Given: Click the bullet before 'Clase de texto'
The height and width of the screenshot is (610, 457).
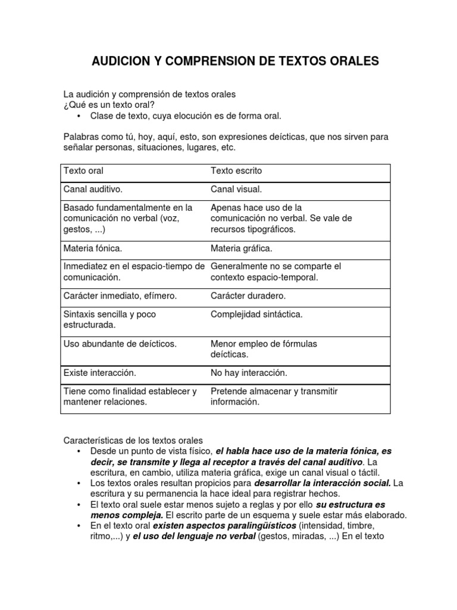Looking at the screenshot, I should coord(79,116).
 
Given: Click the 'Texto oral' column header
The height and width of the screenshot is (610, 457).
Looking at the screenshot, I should coord(83,171).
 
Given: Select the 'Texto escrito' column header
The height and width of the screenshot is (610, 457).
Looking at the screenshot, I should coord(236,171).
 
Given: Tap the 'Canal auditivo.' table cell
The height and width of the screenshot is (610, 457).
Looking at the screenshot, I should coord(93,189).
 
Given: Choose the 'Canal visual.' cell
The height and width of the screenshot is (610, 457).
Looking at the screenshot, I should coord(236,189).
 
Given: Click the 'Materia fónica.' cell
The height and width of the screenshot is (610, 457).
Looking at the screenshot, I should coord(93,248).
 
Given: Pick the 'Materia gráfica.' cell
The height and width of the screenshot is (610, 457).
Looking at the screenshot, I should coord(241,248).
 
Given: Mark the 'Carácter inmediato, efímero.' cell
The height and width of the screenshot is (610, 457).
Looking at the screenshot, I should coord(120,295).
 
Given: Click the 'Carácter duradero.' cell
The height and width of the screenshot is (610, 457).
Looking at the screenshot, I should coord(248,295).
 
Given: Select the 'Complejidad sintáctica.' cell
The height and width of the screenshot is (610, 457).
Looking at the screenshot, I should coord(256,314).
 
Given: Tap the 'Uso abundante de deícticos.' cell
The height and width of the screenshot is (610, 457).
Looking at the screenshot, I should coord(120,344).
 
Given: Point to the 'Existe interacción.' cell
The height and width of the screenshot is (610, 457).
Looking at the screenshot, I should coord(100,373).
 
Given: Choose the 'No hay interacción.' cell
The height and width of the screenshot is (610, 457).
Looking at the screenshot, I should coord(249,373).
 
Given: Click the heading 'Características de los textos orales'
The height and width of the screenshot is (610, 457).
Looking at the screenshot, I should coord(133,440).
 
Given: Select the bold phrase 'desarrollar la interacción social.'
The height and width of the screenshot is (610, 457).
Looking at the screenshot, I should coord(323,483).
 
